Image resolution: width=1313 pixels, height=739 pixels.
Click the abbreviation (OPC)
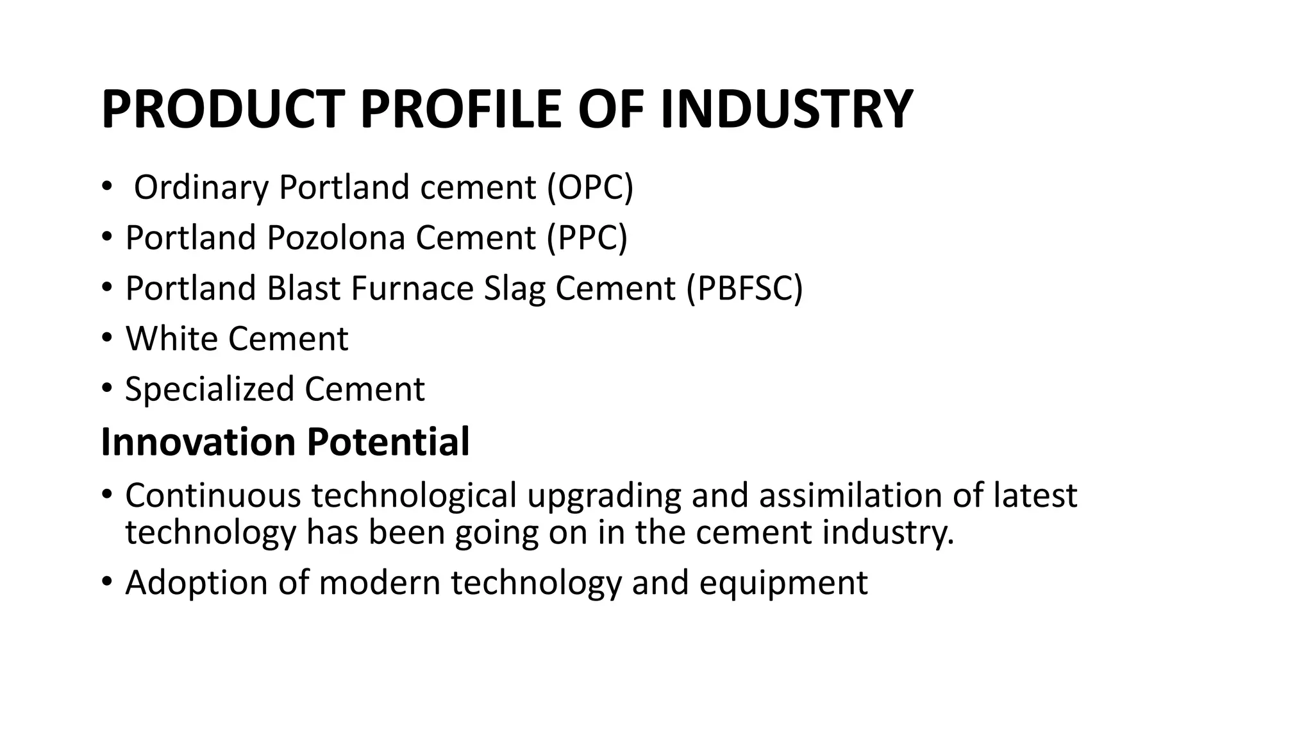(590, 187)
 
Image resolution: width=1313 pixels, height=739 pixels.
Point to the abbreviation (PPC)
(587, 237)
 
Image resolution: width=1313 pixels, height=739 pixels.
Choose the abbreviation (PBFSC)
(744, 288)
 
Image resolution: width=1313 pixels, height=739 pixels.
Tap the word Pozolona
(336, 237)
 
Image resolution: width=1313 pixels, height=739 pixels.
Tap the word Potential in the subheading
(388, 442)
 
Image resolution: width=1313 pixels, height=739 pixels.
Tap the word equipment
(783, 583)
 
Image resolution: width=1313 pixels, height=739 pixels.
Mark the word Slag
(514, 288)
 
